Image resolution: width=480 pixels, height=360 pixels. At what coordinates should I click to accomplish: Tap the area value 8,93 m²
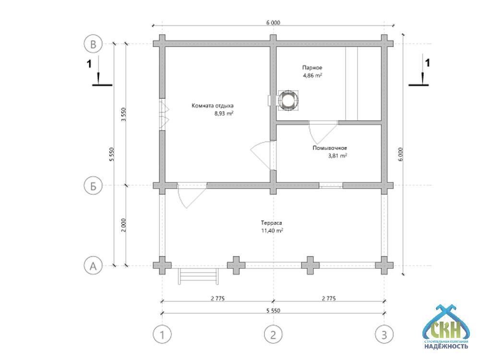pos(224,114)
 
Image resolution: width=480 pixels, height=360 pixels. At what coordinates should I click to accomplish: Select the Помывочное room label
pos(330,148)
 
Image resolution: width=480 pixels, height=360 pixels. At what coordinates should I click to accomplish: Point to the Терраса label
pos(271,223)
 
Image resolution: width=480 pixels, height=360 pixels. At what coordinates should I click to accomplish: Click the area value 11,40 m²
pos(272,231)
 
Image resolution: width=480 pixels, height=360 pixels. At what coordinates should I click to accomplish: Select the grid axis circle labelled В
pos(94,44)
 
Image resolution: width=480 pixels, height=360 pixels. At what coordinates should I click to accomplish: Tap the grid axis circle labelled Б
pos(94,185)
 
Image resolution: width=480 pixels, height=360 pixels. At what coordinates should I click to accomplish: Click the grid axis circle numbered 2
pos(273,333)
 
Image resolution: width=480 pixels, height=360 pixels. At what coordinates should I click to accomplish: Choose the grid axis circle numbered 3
pos(384,333)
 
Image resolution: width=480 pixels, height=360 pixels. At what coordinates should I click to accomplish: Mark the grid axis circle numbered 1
pos(162,333)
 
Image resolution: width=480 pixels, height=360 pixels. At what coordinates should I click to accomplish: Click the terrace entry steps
pos(199,276)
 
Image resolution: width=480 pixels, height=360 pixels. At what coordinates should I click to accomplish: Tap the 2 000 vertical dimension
pos(123,225)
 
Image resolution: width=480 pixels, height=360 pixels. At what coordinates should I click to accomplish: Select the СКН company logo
pos(445,326)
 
